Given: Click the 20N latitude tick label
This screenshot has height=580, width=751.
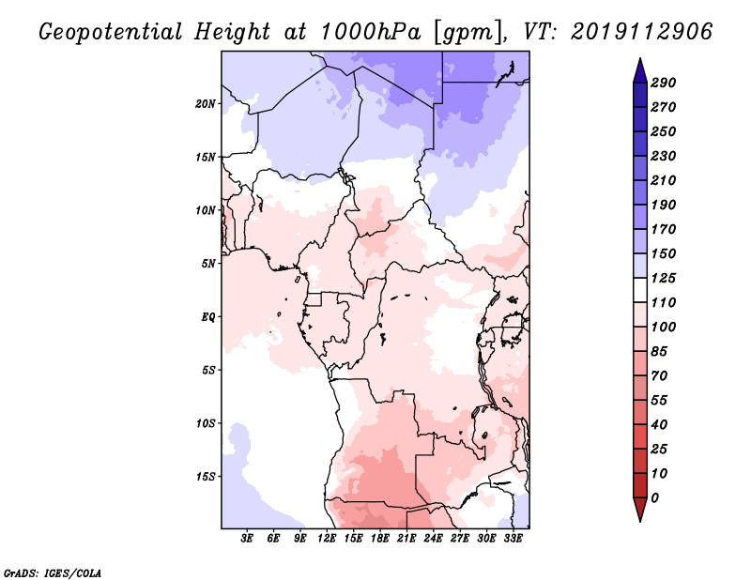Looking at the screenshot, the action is pos(206,103).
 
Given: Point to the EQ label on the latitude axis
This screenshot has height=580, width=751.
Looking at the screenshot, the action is pos(208,316).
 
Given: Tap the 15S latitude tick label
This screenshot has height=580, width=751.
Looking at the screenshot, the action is pos(206,477).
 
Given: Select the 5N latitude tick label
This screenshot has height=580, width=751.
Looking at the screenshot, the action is pos(208,264).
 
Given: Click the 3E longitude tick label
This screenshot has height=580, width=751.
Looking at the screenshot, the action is pos(247,539).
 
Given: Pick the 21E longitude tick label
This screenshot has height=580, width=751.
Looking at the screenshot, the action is pos(406,539).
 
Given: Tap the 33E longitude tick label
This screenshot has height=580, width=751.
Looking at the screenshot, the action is pos(513,539).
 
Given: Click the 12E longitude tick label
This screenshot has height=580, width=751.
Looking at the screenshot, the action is pos(327,539).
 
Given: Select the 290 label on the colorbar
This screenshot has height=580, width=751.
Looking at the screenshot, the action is pos(664,83).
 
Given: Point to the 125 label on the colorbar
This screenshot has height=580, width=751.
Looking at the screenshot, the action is pos(664,278).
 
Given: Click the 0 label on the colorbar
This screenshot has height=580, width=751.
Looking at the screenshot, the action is pos(654,498).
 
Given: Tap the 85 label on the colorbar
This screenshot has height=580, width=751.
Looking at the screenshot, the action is pos(659,352).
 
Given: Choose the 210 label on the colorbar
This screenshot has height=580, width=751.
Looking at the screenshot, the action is pos(664,180).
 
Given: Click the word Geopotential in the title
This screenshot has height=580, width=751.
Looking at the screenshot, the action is pos(111,33).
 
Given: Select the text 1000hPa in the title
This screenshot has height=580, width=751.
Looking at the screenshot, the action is pos(371,32).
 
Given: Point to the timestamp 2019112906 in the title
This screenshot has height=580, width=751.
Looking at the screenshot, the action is pos(642,32).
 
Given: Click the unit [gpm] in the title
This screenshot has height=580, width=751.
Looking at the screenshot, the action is pos(469,33).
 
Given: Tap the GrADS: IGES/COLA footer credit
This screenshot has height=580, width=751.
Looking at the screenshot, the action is pos(53,573).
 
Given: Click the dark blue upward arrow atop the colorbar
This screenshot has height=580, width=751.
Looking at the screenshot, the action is pos(640,70).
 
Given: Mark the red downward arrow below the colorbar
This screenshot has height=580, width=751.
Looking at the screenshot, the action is pos(640,510).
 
